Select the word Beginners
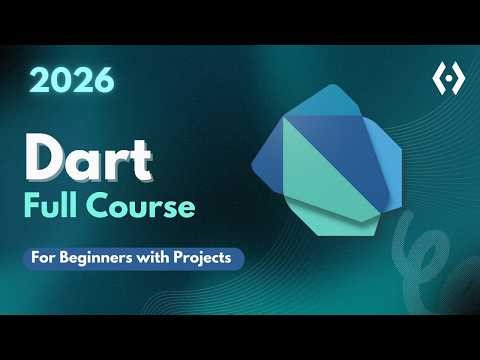pos(106,257)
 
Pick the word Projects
pos(206,257)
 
